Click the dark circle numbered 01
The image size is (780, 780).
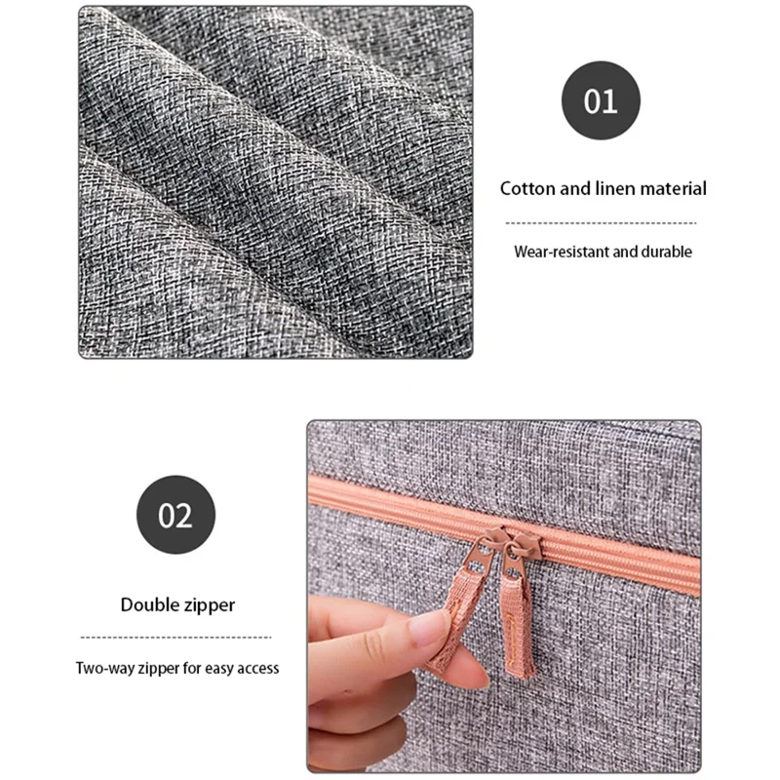pos(601,100)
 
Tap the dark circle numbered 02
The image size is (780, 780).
pos(175,515)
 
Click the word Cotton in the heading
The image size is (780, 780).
pos(527,188)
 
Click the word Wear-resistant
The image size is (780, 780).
pos(562,252)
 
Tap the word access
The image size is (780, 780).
pos(258,668)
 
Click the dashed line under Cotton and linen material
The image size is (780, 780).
pos(601,223)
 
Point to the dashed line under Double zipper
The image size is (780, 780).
pos(175,638)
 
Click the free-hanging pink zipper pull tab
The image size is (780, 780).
pos(519,628)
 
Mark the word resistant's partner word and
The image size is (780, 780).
pos(624,252)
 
